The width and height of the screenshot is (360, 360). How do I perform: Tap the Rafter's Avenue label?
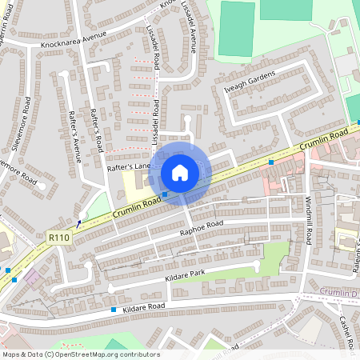(75, 136)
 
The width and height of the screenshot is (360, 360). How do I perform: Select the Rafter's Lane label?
(129, 166)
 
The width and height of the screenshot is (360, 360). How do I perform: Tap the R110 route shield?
(58, 238)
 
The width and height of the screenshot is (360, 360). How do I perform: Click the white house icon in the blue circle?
(180, 172)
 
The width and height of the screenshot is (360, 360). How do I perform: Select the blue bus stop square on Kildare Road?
(114, 310)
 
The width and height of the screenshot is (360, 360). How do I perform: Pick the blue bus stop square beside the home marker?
(165, 194)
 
